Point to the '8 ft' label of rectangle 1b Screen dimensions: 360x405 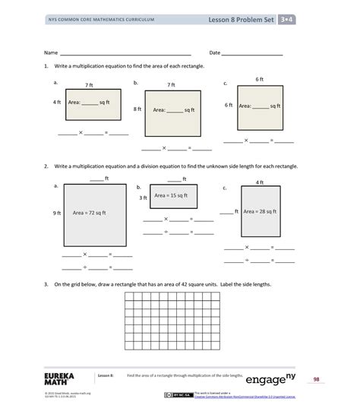tap(137, 109)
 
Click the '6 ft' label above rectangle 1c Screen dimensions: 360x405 tap(259, 79)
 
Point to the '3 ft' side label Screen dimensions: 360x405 tap(143, 198)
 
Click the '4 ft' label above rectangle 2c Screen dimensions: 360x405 tap(259, 182)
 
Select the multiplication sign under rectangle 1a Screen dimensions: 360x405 tap(81, 133)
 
